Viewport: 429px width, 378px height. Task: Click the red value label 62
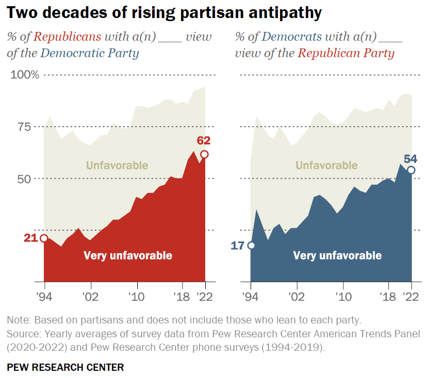tap(204, 141)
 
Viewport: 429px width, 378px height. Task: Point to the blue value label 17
tap(238, 245)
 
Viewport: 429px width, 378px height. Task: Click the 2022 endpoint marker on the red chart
tap(205, 154)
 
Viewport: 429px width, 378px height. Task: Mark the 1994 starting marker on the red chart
tap(44, 238)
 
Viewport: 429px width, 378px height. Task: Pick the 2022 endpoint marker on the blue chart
tap(411, 170)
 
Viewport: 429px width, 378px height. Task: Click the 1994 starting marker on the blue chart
tap(251, 245)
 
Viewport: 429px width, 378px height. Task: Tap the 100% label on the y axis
tap(25, 75)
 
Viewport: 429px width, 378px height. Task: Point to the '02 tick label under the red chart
tap(91, 297)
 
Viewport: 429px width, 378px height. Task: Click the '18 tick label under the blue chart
tap(388, 297)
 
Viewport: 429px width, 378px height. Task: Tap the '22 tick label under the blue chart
tap(411, 297)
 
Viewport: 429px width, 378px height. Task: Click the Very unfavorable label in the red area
tap(128, 255)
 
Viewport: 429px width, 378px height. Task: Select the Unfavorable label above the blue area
tap(326, 165)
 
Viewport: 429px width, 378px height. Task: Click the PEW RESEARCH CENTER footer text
tap(65, 367)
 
